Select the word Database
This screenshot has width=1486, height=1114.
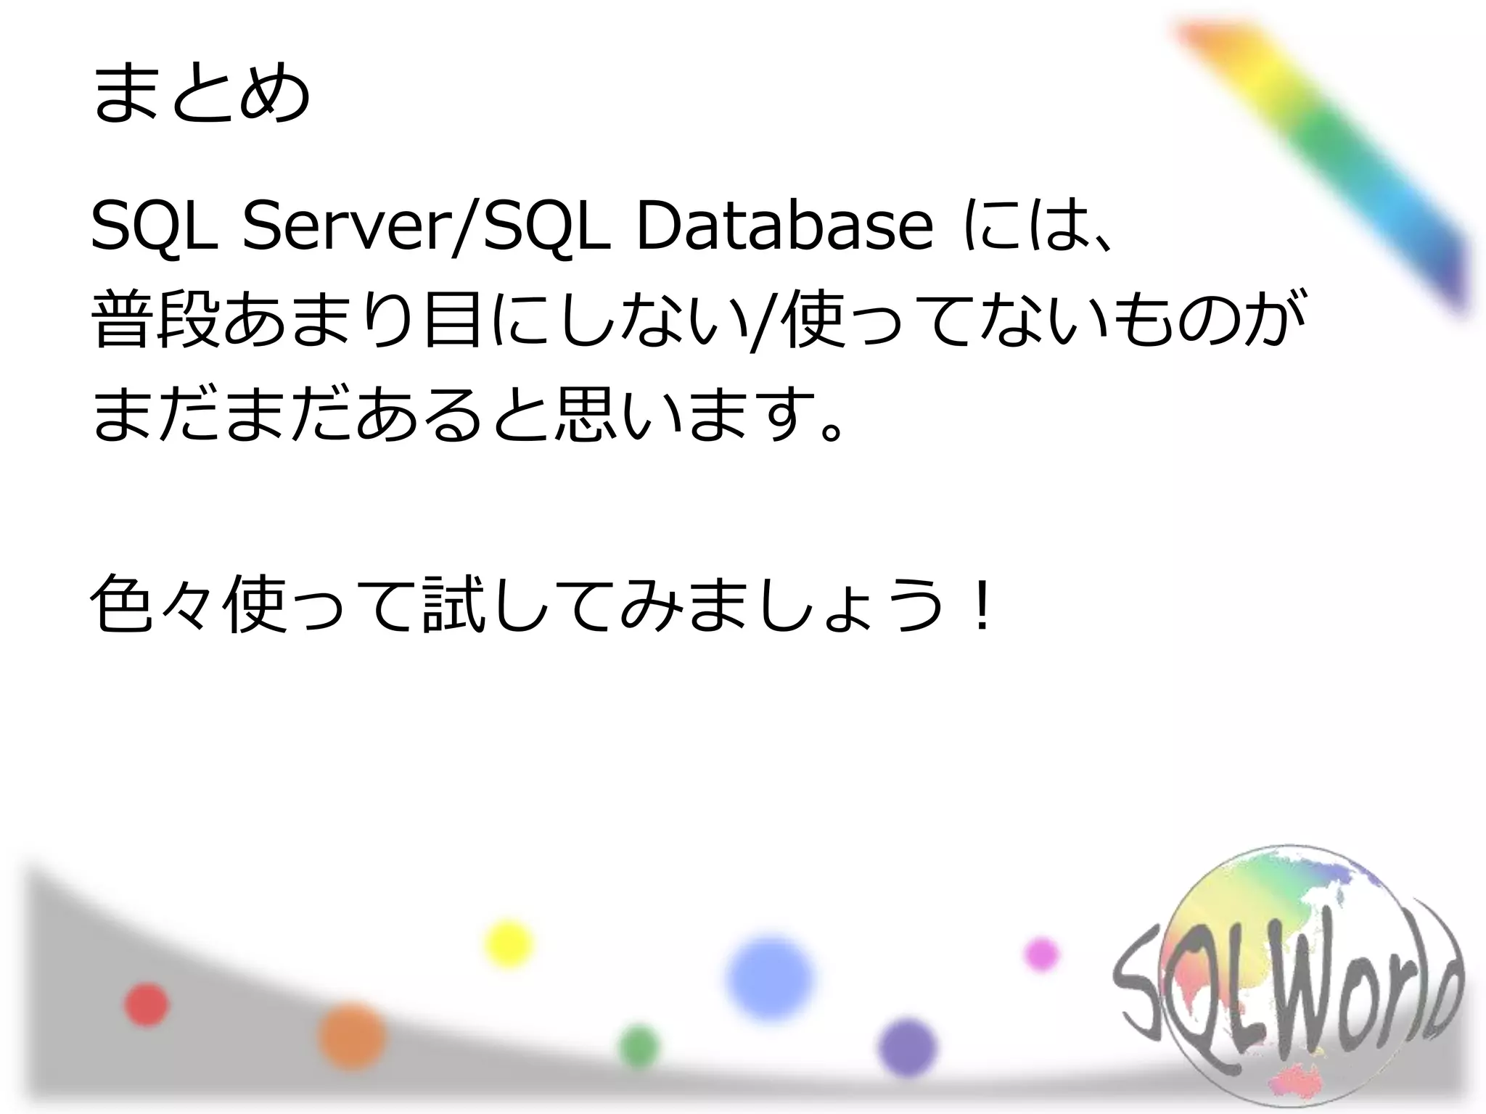[x=784, y=228]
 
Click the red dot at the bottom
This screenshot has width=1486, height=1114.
[x=147, y=1004]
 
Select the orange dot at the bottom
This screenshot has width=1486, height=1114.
[x=352, y=1036]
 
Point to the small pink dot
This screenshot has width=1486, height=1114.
[x=1041, y=954]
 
